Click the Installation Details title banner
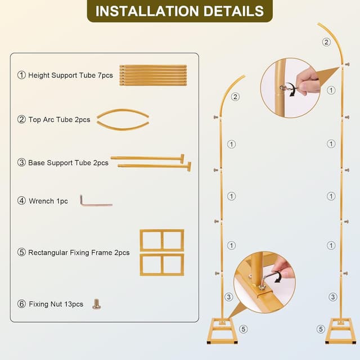point(179,11)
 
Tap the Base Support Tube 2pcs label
point(67,163)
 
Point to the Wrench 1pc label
point(48,201)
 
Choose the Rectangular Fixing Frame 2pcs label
point(78,253)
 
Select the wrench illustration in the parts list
point(95,201)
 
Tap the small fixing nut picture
point(97,304)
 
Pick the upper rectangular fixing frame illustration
point(162,240)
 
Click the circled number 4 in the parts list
point(22,201)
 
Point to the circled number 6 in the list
point(22,304)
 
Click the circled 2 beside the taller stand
point(326,42)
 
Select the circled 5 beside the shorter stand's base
point(242,328)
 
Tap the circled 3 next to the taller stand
point(333,296)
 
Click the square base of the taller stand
point(340,330)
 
